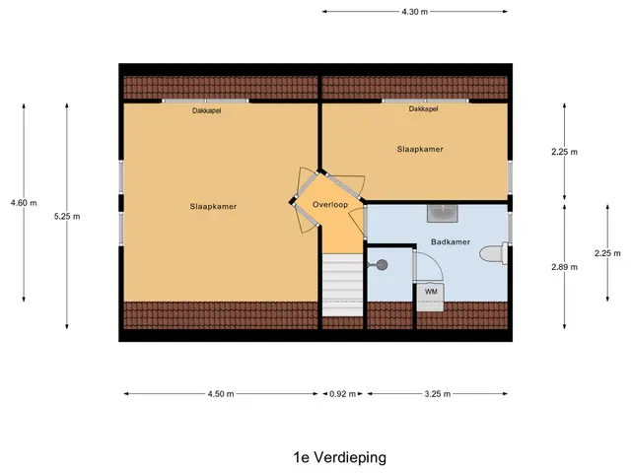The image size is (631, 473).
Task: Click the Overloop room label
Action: coord(330,205)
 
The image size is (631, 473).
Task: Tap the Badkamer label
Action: coord(451,241)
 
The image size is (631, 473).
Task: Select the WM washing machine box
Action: coord(430,298)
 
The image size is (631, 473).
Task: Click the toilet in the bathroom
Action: coord(494,253)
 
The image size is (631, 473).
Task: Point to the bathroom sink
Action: coord(443,213)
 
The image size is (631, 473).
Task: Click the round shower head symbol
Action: coord(382,265)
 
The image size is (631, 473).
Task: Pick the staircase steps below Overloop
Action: coord(342,285)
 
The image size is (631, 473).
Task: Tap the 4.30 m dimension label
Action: coord(414,12)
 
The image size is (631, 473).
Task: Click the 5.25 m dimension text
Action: coord(67,217)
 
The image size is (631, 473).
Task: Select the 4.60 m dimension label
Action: coord(24,203)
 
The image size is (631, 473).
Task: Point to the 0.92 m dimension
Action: coord(342,394)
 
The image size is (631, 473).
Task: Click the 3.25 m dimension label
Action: coord(438,394)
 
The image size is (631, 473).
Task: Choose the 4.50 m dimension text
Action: coord(221,394)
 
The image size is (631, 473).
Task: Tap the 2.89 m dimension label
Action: coord(564,267)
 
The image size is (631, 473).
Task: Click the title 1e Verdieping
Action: coord(340,457)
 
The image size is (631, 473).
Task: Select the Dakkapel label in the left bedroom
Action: coord(206,110)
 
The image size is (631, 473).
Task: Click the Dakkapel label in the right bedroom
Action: coord(423,109)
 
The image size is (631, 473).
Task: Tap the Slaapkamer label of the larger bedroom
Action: coord(213,207)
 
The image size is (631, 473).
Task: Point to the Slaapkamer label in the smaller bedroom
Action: coord(420,149)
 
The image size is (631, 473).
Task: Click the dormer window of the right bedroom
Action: coord(425,101)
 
